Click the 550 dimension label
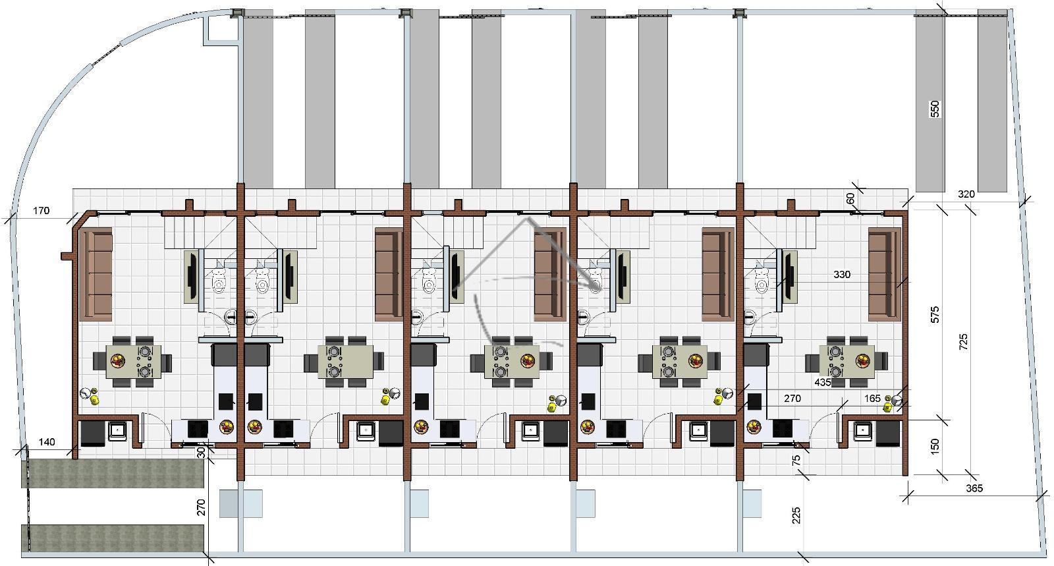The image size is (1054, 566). pos(935,109)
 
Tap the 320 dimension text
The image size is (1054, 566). pos(966,194)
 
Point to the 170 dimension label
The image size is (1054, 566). pos(41,211)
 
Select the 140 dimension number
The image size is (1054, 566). pos(47,442)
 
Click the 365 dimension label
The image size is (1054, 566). pos(974,488)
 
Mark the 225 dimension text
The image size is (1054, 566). pos(796,516)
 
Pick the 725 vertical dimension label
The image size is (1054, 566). pos(963,341)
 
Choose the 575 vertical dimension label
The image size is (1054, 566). pos(935,314)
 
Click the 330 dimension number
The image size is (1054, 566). pos(842,274)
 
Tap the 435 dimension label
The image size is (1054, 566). pos(823,383)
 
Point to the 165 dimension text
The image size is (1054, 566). pos(872,399)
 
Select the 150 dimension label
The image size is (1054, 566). pos(935,446)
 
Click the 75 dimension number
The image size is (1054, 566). pos(796,461)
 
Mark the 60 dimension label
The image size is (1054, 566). pos(850,199)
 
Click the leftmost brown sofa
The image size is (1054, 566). pos(96,274)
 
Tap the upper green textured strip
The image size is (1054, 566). pos(113,473)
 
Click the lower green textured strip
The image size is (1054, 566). pos(113,538)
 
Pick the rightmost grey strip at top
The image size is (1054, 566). pos(992,101)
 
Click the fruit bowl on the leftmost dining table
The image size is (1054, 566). pos(118,361)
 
